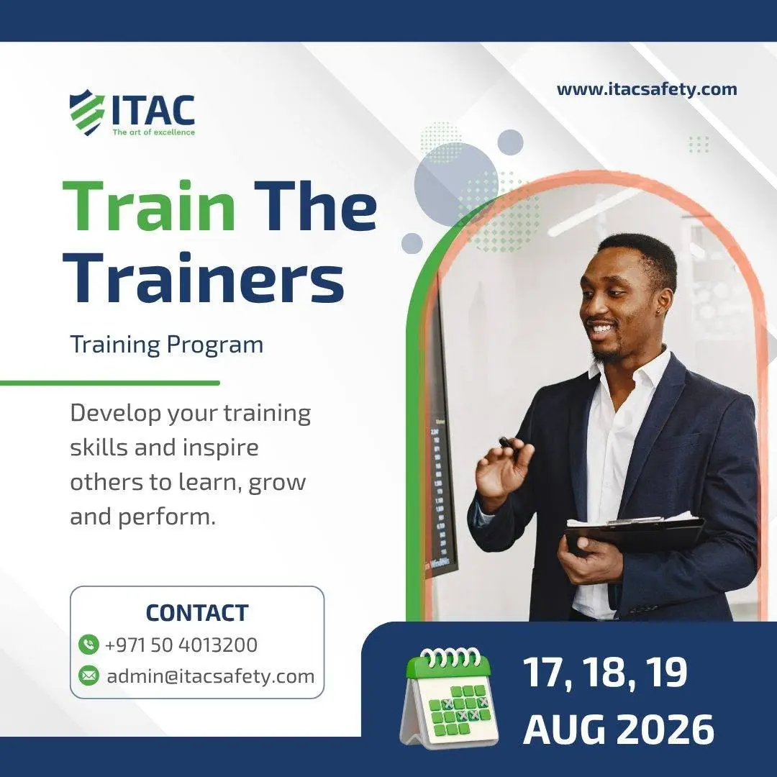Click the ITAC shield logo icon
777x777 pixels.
click(87, 112)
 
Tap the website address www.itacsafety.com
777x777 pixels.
click(647, 89)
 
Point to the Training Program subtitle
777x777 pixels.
click(166, 345)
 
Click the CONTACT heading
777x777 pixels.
click(196, 613)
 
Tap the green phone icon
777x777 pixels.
click(88, 645)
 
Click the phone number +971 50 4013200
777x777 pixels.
click(181, 645)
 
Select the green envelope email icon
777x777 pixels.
click(88, 676)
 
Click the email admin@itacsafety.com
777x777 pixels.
click(211, 676)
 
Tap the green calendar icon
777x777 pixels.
click(449, 697)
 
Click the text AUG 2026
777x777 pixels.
click(619, 730)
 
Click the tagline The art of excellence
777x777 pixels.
click(154, 132)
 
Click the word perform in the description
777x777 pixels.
click(167, 517)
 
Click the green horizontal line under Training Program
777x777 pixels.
click(109, 383)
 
